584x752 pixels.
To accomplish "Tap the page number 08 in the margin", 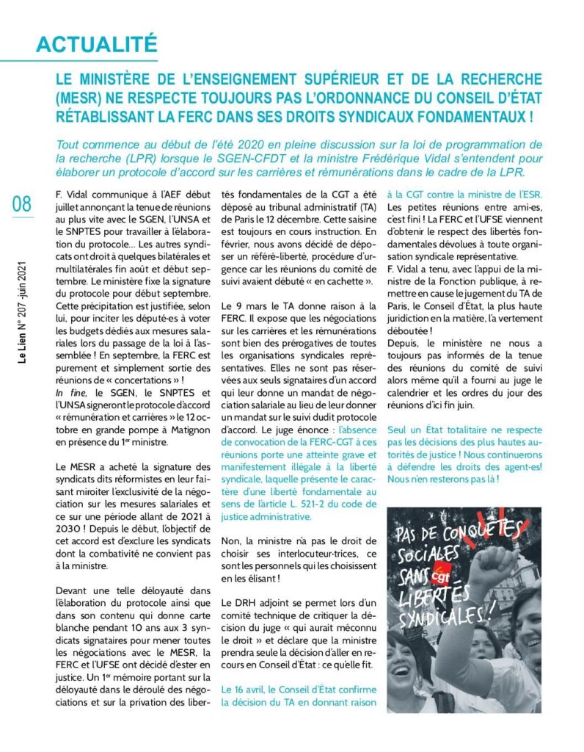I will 21,203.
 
